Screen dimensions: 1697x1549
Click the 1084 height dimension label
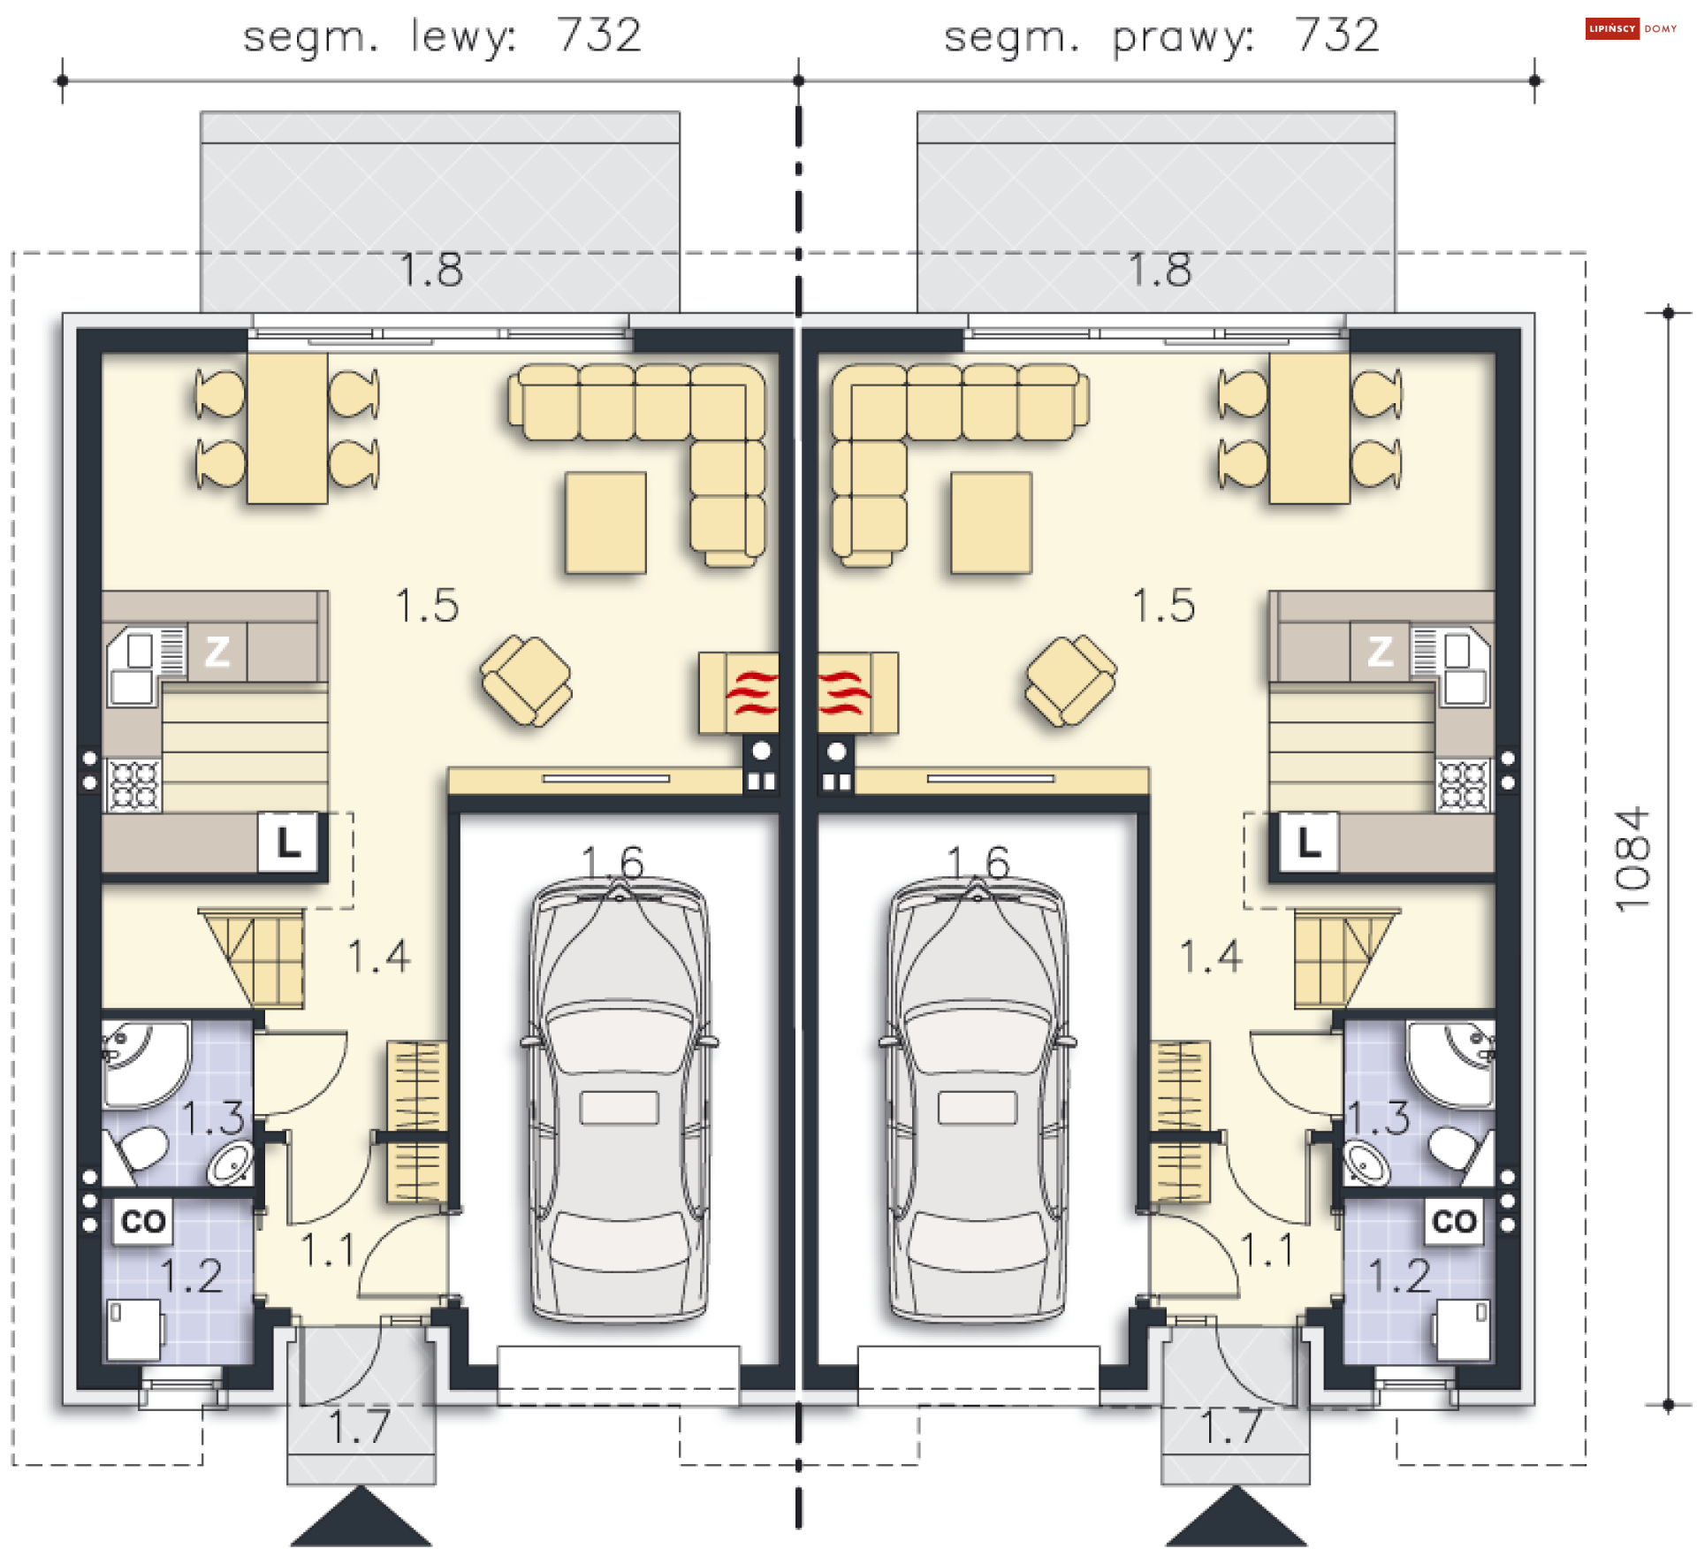point(1632,858)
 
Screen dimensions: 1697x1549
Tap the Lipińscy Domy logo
point(1631,28)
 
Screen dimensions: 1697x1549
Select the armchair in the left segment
point(526,680)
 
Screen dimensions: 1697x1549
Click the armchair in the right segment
point(1070,680)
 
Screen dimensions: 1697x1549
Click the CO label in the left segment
point(143,1221)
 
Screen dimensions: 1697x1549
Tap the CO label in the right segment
point(1454,1221)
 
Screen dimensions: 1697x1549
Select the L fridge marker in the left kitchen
point(288,842)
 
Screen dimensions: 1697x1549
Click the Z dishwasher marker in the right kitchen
point(1380,652)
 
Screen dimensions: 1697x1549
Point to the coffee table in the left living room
point(605,523)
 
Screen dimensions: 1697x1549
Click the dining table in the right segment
point(1309,429)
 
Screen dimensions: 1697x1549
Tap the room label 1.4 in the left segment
point(379,957)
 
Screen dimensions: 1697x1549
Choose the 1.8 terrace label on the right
point(1161,269)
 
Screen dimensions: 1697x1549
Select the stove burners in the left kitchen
point(134,785)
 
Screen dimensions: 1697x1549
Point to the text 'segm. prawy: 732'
point(1161,36)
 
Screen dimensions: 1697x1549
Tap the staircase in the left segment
point(252,958)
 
